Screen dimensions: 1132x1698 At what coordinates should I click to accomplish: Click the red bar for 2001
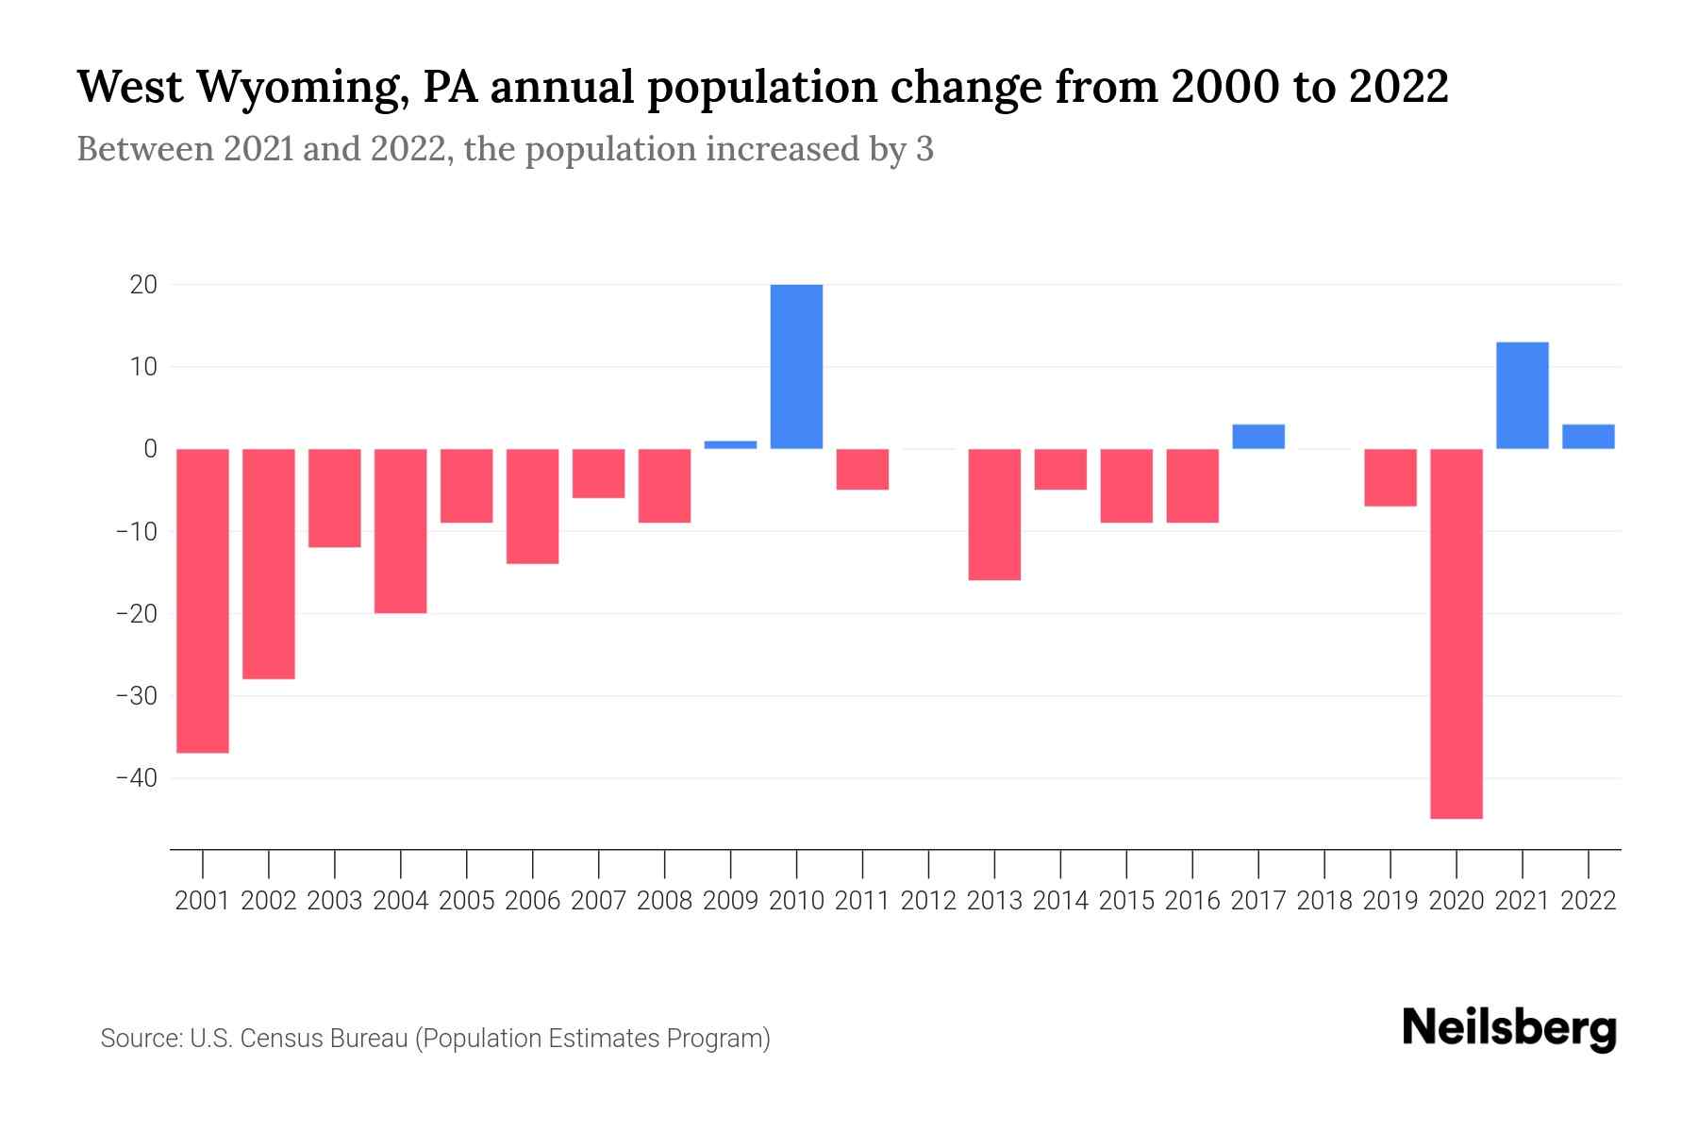click(203, 601)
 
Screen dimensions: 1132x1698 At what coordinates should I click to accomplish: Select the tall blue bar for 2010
click(796, 366)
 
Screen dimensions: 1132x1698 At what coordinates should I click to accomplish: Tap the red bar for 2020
click(1457, 634)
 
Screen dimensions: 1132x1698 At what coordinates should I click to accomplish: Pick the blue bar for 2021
click(1523, 395)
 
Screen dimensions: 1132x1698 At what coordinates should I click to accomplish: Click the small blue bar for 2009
click(730, 444)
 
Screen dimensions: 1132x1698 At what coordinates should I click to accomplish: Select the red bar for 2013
click(994, 514)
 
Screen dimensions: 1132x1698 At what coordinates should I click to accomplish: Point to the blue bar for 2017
click(1258, 437)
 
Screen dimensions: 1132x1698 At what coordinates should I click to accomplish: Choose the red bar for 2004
click(401, 531)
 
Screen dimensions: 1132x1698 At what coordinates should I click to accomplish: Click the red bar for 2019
click(1390, 477)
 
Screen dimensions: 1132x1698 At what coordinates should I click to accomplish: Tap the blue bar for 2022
click(1589, 437)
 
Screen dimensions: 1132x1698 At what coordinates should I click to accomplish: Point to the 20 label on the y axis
click(143, 285)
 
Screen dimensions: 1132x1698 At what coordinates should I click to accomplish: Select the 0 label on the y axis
click(150, 449)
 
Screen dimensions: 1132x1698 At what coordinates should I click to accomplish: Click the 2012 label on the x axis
click(928, 901)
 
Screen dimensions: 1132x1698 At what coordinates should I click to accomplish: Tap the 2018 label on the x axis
click(1324, 901)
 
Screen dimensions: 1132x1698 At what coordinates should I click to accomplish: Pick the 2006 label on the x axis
click(533, 901)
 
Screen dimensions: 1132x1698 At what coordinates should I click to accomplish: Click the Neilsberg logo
click(1509, 1028)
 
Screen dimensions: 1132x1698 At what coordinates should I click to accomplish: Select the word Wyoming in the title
click(303, 88)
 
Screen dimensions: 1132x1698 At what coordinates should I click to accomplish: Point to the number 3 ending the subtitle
click(924, 149)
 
